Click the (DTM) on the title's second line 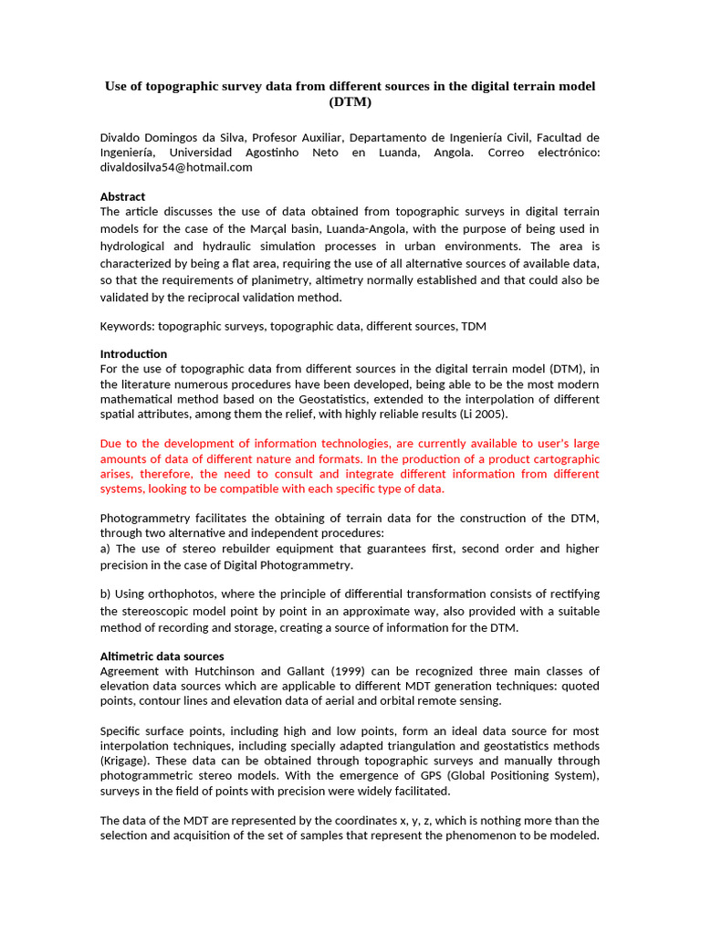[350, 102]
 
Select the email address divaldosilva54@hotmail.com [175, 167]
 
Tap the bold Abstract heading [122, 196]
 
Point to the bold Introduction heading [133, 353]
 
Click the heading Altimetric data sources [162, 656]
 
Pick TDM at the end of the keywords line [474, 325]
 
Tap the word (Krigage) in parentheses [127, 761]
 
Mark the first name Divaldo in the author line [121, 138]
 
